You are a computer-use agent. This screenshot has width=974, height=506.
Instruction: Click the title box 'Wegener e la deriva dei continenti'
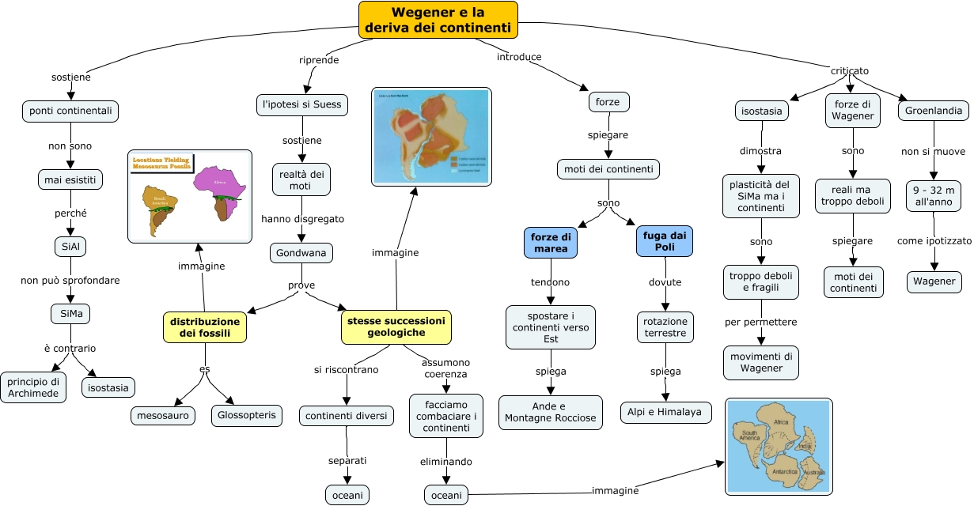(x=438, y=20)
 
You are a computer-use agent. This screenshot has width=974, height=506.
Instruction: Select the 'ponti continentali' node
(x=70, y=111)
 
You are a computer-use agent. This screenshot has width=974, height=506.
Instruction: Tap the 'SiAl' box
(x=70, y=246)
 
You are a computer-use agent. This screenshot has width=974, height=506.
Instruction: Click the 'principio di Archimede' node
(x=33, y=387)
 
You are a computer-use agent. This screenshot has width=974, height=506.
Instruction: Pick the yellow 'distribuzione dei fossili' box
(x=203, y=327)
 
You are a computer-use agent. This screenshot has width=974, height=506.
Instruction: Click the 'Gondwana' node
(x=301, y=253)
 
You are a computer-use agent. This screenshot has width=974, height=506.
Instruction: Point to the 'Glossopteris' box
(x=247, y=415)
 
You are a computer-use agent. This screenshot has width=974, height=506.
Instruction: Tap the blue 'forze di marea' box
(x=551, y=242)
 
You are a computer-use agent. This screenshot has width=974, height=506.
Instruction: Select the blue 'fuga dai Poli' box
(x=665, y=242)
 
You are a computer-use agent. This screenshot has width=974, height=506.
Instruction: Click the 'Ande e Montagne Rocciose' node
(x=551, y=412)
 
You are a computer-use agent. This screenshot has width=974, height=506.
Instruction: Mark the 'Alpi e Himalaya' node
(x=665, y=412)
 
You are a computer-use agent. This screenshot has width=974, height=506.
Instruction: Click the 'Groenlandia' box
(x=934, y=111)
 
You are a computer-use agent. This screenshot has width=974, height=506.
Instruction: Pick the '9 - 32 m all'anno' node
(x=934, y=195)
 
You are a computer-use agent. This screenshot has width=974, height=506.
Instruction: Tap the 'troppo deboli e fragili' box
(x=761, y=281)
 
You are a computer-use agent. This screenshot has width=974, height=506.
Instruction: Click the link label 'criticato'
(x=849, y=70)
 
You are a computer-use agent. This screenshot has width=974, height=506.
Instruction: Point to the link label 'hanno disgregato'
(x=302, y=218)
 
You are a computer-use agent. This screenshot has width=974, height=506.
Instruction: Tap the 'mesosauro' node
(x=162, y=415)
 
